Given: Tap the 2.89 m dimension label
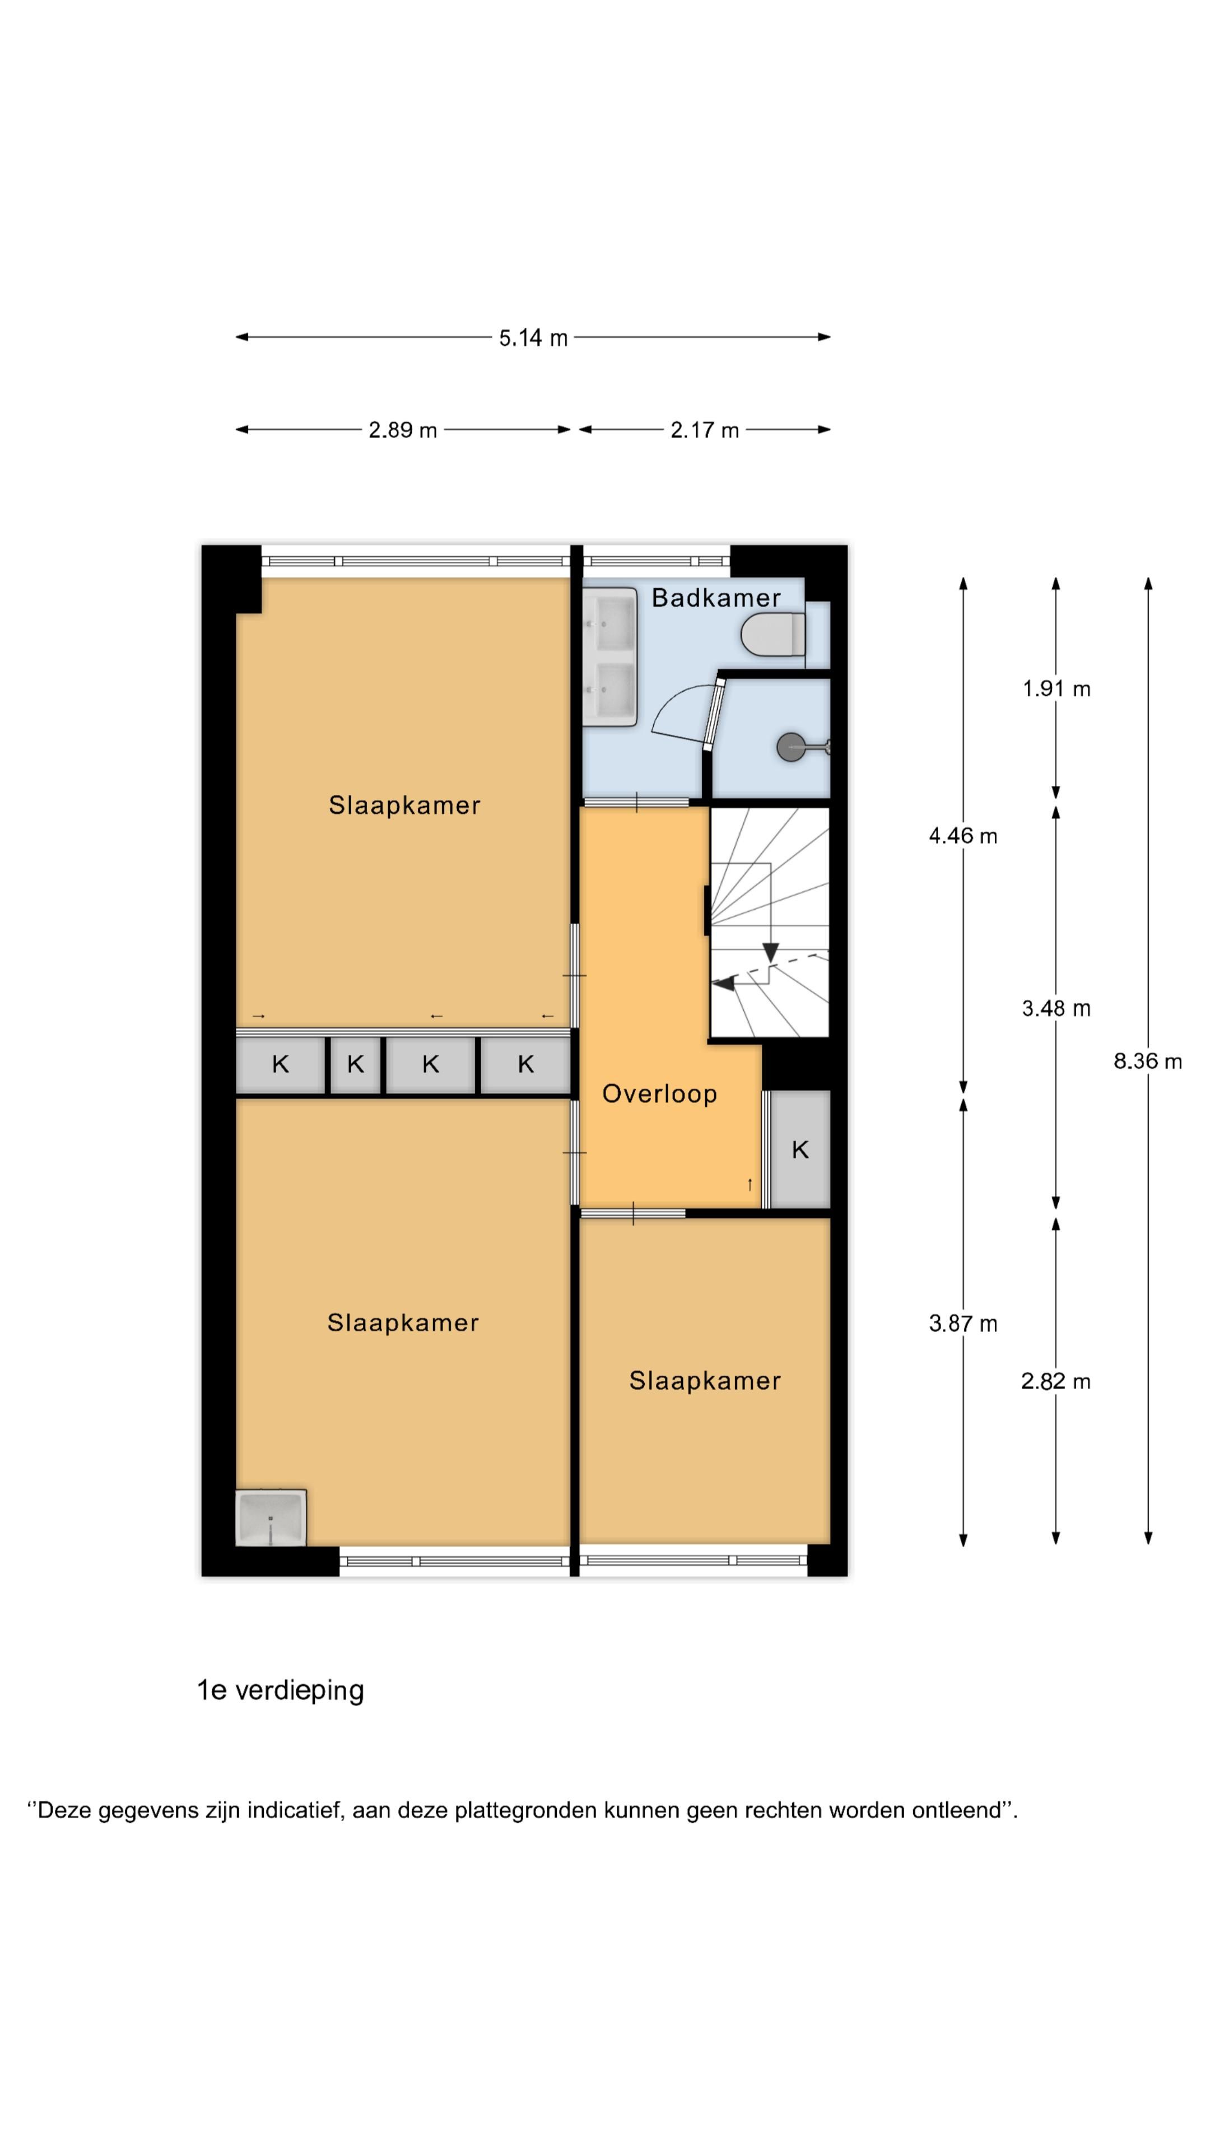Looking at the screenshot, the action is (403, 430).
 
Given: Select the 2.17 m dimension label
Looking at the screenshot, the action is (704, 430).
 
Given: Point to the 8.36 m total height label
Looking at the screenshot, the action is (1147, 1061).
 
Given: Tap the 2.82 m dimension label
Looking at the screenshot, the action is (1055, 1381).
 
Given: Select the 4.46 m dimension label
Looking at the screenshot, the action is (963, 836).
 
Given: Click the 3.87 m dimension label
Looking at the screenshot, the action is (963, 1324).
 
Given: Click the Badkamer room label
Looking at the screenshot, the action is (716, 598).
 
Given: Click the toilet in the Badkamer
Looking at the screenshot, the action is (773, 635).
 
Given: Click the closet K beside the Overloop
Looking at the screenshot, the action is (800, 1150).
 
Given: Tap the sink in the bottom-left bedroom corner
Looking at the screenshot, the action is (271, 1517).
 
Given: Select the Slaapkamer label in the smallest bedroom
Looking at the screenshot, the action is (705, 1381).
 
